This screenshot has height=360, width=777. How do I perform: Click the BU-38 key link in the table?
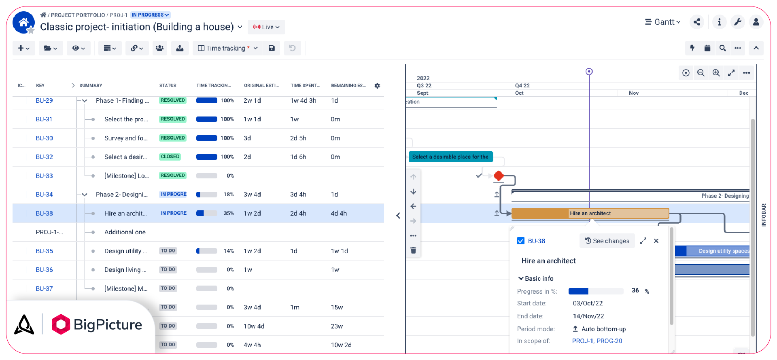coord(44,213)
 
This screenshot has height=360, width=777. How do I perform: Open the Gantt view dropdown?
coord(662,22)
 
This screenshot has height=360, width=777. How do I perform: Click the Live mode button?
coord(266,27)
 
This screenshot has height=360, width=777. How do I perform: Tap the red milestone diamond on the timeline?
coord(499,176)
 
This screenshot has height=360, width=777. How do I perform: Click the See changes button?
coord(607,241)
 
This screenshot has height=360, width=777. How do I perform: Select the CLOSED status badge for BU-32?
coord(170,157)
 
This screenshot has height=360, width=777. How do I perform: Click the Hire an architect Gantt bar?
coord(590,213)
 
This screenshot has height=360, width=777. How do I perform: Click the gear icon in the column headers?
coord(377,86)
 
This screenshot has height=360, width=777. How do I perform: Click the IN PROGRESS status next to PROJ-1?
coord(150,15)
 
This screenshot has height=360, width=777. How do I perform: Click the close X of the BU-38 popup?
coord(656,241)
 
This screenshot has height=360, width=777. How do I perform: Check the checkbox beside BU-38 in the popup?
coord(521,241)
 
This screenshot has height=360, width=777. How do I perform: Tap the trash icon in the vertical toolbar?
coord(413,250)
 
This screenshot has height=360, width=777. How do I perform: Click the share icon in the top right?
coord(697,22)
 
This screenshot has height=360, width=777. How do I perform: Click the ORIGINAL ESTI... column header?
coord(261,86)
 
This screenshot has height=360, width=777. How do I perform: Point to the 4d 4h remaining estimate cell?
coord(339,213)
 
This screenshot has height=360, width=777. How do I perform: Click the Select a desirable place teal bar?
coord(450,157)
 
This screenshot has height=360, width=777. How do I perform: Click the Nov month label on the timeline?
coord(634,93)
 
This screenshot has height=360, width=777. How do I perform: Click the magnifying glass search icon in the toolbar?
coord(722,48)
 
